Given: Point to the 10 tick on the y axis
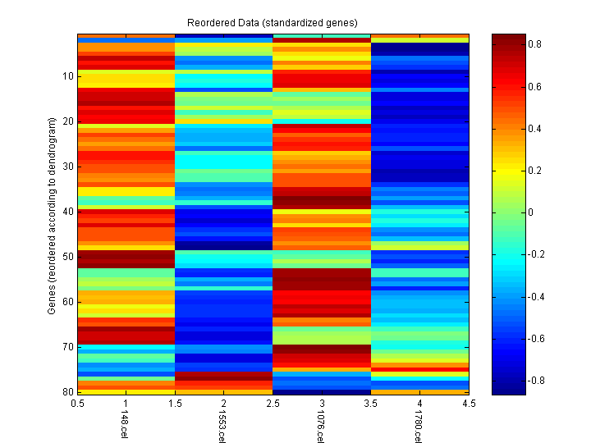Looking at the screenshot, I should point(67,76).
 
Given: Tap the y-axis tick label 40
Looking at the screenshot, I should point(67,211).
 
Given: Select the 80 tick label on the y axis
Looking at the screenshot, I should point(67,391).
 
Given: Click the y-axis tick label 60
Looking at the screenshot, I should point(67,301).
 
